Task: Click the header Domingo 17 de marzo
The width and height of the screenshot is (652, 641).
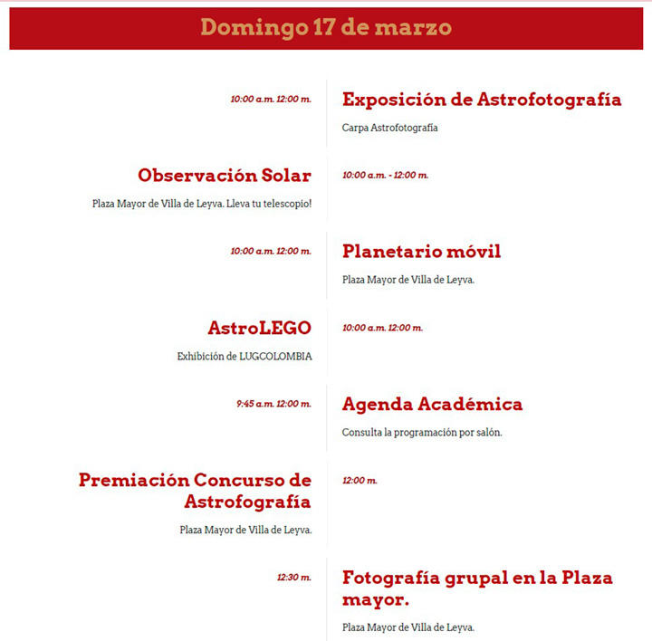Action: pos(326,27)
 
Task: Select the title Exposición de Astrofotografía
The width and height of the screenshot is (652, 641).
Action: pos(482,100)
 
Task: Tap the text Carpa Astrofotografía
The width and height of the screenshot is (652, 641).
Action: pos(389,128)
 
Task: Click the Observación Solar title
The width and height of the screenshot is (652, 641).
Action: pos(225,176)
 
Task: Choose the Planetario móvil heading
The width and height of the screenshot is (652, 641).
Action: pos(421,251)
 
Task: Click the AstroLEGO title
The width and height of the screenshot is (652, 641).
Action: pos(259,328)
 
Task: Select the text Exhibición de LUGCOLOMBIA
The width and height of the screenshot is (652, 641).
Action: pos(244,357)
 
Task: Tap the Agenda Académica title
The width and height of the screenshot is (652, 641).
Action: pos(432,404)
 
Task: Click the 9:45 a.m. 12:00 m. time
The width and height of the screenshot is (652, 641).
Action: pos(273,404)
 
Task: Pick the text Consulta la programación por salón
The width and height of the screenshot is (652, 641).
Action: pos(422,432)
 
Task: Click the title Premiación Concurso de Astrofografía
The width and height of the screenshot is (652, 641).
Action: pos(195,491)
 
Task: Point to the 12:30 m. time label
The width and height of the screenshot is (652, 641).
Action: pos(294,577)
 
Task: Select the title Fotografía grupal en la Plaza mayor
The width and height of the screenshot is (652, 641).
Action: pos(477,588)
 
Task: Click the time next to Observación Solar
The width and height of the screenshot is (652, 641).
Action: pos(385,176)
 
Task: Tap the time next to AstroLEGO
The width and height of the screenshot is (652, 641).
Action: pos(382,328)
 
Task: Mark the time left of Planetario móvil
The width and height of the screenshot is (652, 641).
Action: pos(271,252)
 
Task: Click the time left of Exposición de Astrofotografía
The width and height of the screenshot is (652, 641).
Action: pos(271,100)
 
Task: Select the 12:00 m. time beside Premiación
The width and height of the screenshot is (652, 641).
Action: pos(360,481)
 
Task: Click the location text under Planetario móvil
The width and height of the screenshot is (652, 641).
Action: pos(408,280)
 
